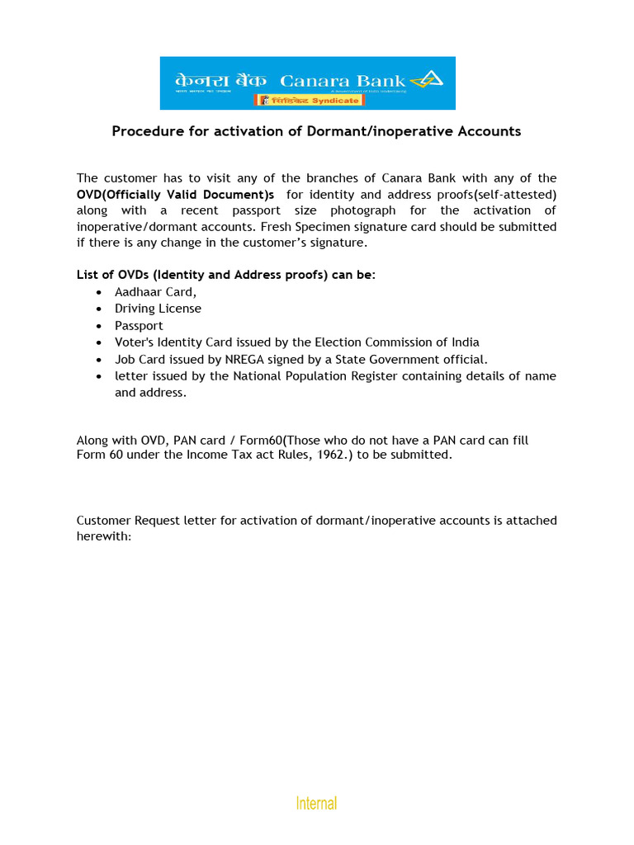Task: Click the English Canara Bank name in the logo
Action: [343, 80]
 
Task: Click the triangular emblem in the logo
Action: [428, 79]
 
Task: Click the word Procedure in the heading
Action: [145, 131]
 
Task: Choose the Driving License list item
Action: [158, 309]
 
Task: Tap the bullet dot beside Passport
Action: [99, 326]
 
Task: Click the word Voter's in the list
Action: [134, 342]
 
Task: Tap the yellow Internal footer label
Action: [317, 803]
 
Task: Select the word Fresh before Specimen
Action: [277, 227]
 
